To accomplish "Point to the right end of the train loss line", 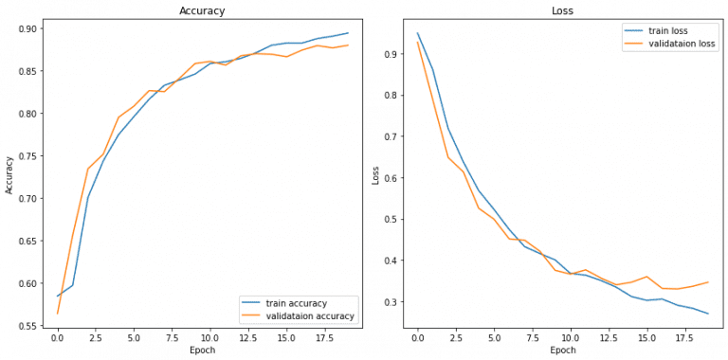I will tap(709, 314).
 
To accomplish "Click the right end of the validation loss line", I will tap(709, 281).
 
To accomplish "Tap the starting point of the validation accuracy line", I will tap(57, 314).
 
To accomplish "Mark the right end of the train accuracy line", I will tap(349, 33).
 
